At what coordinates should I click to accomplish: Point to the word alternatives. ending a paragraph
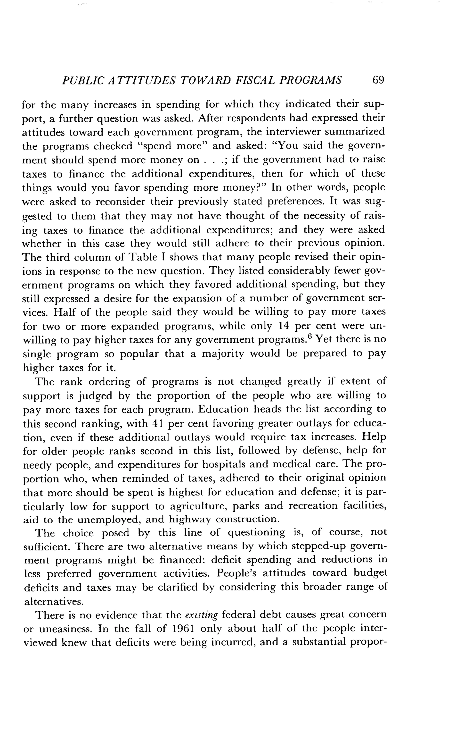(x=53, y=601)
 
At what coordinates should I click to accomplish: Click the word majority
(x=223, y=354)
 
